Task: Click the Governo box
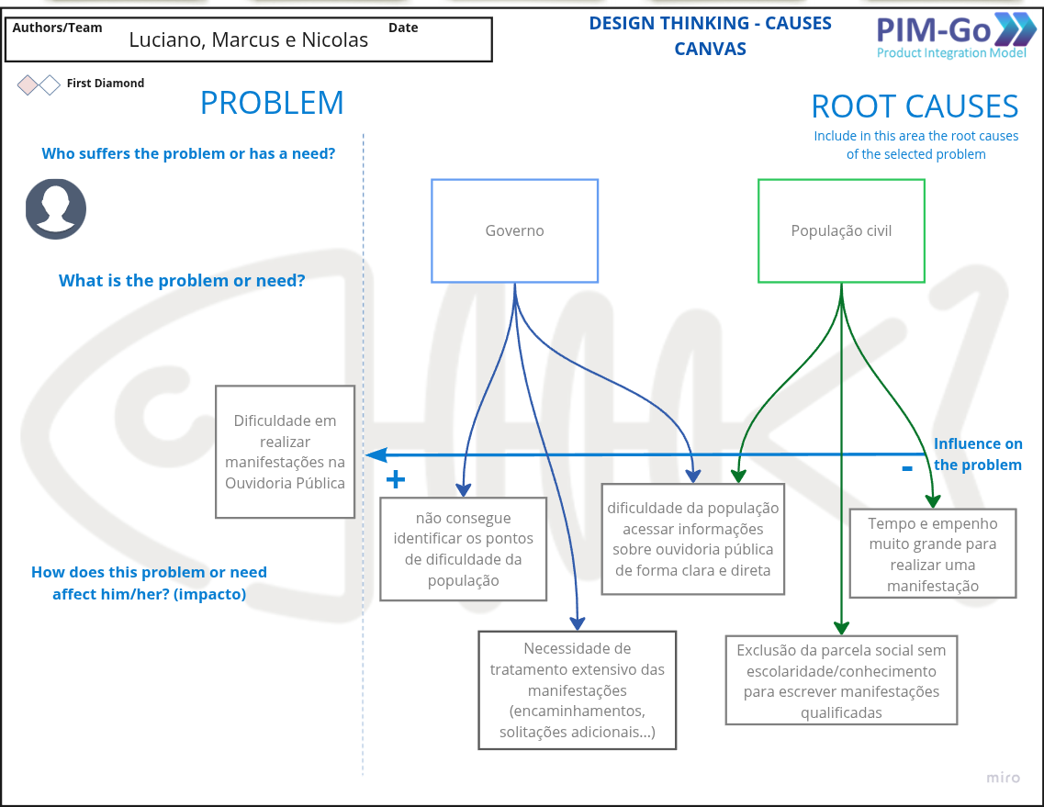click(514, 230)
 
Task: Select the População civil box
click(841, 230)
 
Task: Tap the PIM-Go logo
click(955, 37)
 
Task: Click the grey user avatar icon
click(56, 209)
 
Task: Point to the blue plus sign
click(396, 479)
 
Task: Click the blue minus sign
click(907, 468)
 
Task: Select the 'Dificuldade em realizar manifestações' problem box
click(285, 452)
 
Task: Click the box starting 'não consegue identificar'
click(463, 549)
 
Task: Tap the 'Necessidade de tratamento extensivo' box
click(577, 690)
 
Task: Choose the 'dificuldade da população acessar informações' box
click(692, 539)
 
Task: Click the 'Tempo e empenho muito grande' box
click(932, 554)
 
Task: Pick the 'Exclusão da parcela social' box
click(841, 680)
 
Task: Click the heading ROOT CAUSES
click(915, 106)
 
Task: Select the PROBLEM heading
click(272, 103)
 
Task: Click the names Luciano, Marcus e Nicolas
click(248, 39)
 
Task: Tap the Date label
click(403, 28)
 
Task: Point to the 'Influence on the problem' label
click(977, 454)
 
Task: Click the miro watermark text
click(1003, 778)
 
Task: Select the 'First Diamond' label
click(106, 84)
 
